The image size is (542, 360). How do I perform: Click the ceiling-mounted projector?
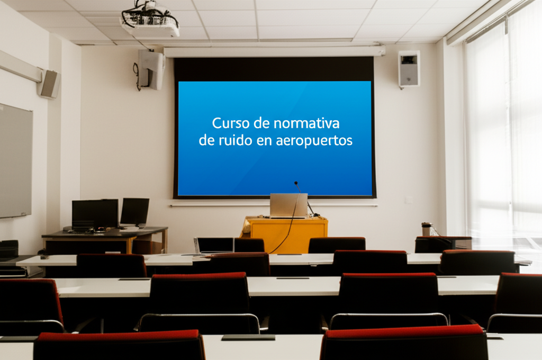pos(150,20)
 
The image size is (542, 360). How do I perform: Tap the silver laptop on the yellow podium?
pos(288,206)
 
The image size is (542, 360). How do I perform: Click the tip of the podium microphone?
pos(296,183)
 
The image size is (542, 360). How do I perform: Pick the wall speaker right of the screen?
pos(409,69)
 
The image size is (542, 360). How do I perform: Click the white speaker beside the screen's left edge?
pos(151,70)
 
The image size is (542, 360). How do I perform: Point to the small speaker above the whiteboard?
pos(49,84)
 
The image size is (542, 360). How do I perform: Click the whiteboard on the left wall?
pos(15,161)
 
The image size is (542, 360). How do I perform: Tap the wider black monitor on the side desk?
pos(95,214)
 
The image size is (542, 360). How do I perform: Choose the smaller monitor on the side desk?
pos(135,212)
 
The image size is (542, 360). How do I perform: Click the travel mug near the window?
pos(426,229)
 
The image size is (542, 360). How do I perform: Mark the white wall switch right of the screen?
pos(409,200)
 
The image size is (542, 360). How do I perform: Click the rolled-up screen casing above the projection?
pos(274,51)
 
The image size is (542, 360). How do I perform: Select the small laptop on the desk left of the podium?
pos(214,245)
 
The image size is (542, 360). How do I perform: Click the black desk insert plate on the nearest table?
pos(248,338)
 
